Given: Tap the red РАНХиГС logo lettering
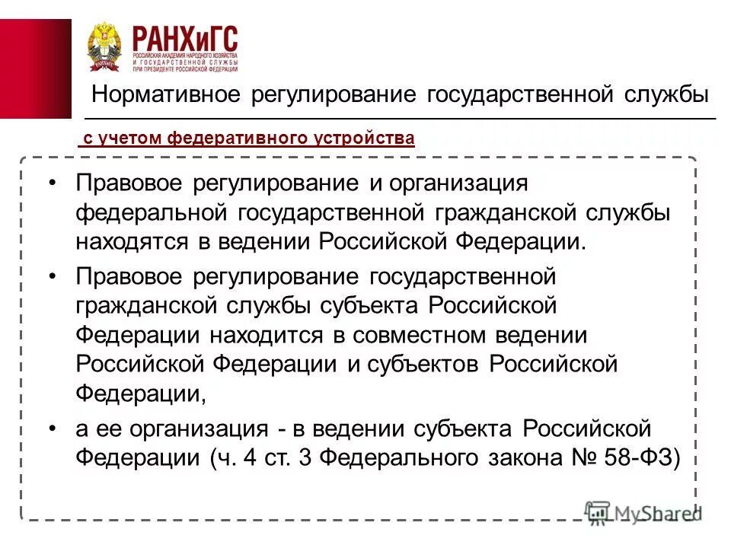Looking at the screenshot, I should click(x=185, y=37).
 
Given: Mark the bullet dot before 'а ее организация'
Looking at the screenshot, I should click(x=51, y=429).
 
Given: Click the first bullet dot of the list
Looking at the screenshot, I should click(x=51, y=183).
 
